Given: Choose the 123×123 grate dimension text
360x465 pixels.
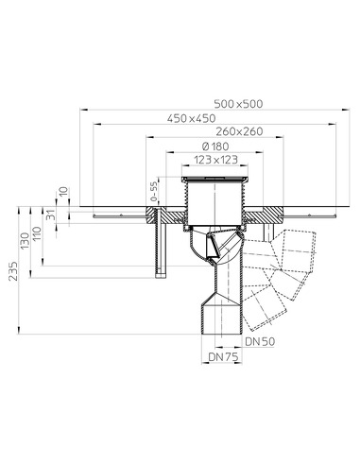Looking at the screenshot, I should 216,161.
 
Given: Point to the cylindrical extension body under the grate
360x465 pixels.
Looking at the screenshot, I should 216,200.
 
